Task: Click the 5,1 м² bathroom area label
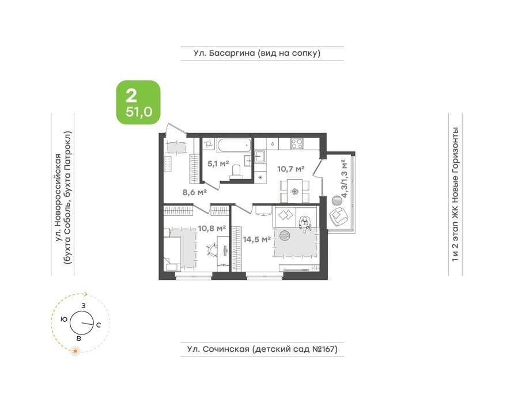[x=218, y=164]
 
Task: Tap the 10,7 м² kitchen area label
[x=291, y=169]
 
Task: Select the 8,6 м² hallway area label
[x=194, y=192]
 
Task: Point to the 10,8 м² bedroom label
[x=212, y=228]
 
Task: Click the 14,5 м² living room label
[x=256, y=239]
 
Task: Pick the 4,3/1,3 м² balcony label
[x=344, y=178]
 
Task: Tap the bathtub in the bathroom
[x=235, y=146]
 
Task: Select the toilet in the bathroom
[x=236, y=172]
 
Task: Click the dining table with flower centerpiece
[x=295, y=191]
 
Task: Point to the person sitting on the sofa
[x=305, y=224]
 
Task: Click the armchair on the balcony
[x=338, y=216]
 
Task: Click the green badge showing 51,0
[x=138, y=102]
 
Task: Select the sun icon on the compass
[x=75, y=351]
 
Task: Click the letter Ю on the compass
[x=65, y=319]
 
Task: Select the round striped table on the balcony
[x=337, y=200]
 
